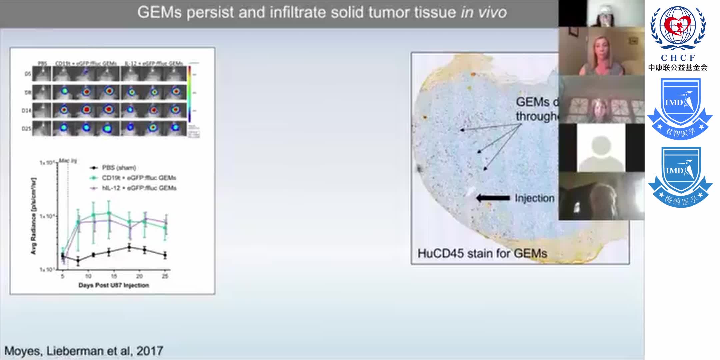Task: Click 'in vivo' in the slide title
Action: tap(484, 12)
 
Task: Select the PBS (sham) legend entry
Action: tap(119, 168)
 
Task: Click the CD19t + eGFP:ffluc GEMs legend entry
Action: tap(139, 178)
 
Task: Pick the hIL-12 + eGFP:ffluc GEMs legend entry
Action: tap(139, 188)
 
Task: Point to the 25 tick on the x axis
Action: tap(165, 276)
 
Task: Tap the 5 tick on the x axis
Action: tap(62, 276)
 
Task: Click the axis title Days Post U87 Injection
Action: tap(114, 285)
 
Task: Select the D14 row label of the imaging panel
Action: tap(26, 110)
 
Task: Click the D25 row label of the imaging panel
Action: tap(26, 128)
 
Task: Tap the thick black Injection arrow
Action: tap(493, 198)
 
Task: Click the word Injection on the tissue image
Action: tap(534, 198)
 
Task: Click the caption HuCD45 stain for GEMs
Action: tap(482, 253)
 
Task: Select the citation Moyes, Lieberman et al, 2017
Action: tap(84, 351)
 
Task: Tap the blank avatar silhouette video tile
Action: tap(601, 148)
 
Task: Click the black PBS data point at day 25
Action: tap(165, 255)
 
